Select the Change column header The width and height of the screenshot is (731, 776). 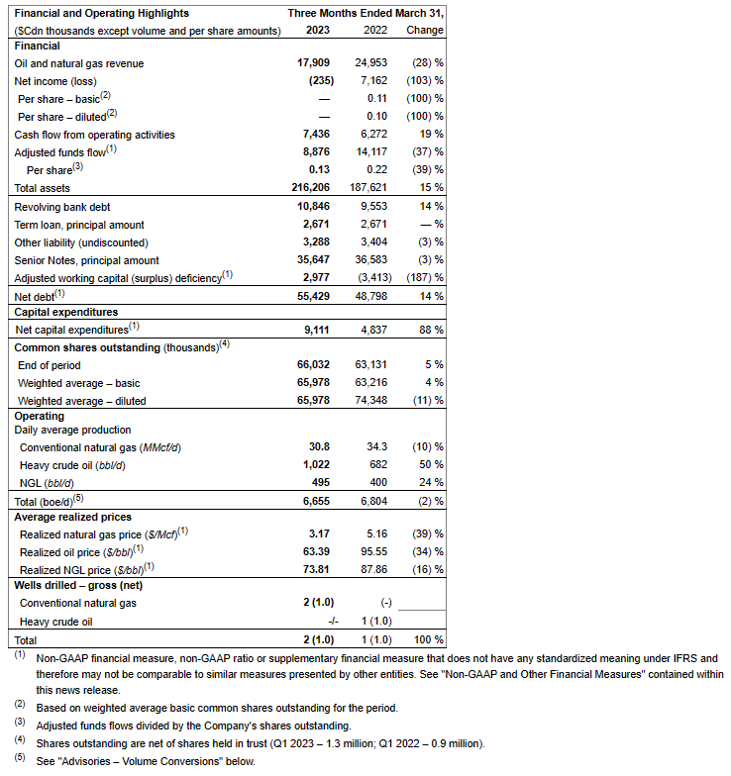[x=425, y=31]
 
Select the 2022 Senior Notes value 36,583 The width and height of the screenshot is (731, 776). [x=366, y=260]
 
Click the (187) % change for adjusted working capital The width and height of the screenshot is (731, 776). [x=424, y=277]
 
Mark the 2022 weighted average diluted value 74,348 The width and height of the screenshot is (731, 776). [x=366, y=401]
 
